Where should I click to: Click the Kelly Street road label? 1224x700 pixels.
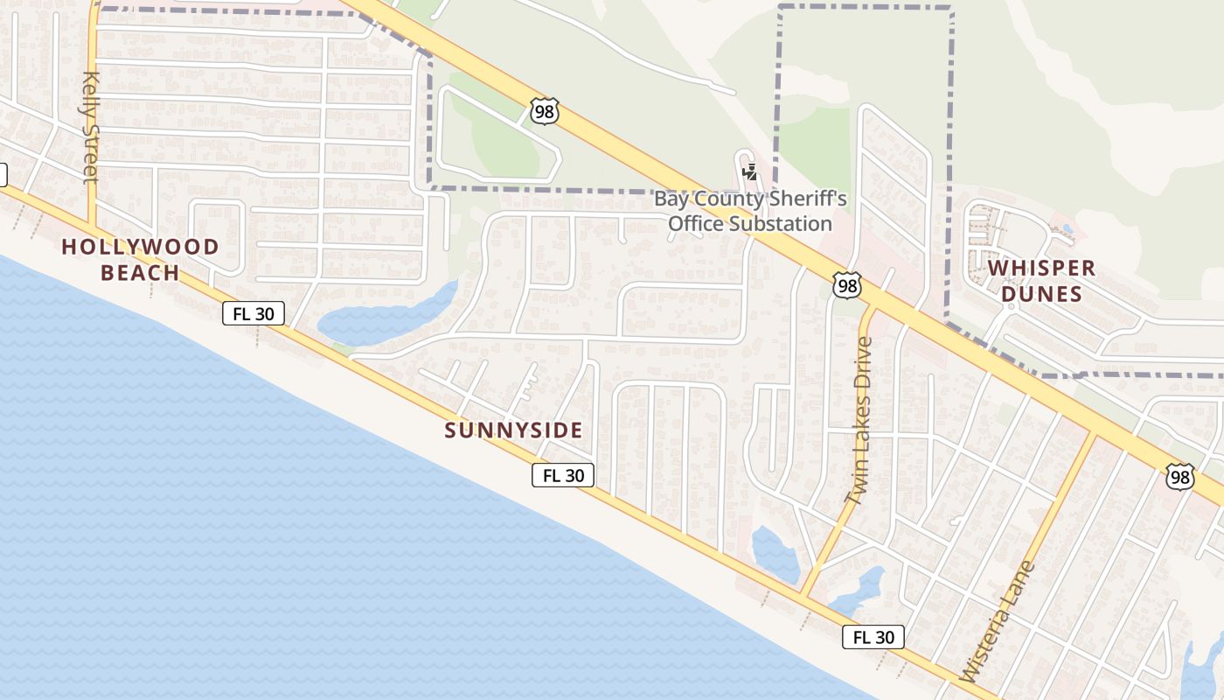click(x=91, y=128)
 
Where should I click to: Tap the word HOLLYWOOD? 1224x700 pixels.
click(x=140, y=247)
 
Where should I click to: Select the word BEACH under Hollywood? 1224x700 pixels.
click(x=140, y=273)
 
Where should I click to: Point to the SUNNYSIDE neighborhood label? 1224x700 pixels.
click(x=513, y=430)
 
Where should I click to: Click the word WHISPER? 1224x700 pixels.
click(x=1041, y=268)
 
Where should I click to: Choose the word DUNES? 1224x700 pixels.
click(x=1041, y=294)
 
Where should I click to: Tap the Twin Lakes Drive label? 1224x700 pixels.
click(x=859, y=421)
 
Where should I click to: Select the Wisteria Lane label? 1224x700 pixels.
click(x=997, y=622)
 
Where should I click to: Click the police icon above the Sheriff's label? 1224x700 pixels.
click(x=749, y=171)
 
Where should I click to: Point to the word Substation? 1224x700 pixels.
click(x=780, y=223)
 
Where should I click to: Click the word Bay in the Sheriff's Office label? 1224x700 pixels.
click(x=671, y=199)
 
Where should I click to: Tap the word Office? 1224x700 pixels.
click(x=697, y=223)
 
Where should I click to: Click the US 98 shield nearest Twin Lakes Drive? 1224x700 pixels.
click(x=846, y=285)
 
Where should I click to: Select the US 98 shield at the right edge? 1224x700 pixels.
click(x=1179, y=477)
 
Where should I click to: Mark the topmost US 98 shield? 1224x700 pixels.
click(x=543, y=111)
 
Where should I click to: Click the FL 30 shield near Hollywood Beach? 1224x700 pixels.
click(x=254, y=313)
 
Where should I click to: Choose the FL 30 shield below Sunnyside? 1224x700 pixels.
click(x=563, y=475)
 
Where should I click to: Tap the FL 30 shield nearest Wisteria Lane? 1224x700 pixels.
click(x=873, y=637)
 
